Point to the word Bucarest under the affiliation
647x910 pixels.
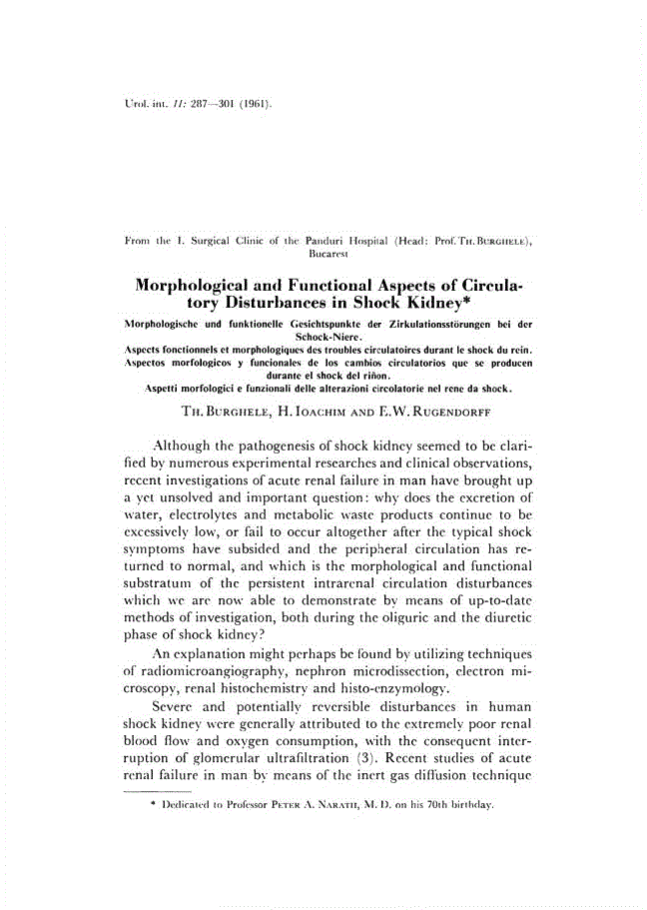(x=323, y=256)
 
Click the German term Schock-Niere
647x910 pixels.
(x=323, y=338)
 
